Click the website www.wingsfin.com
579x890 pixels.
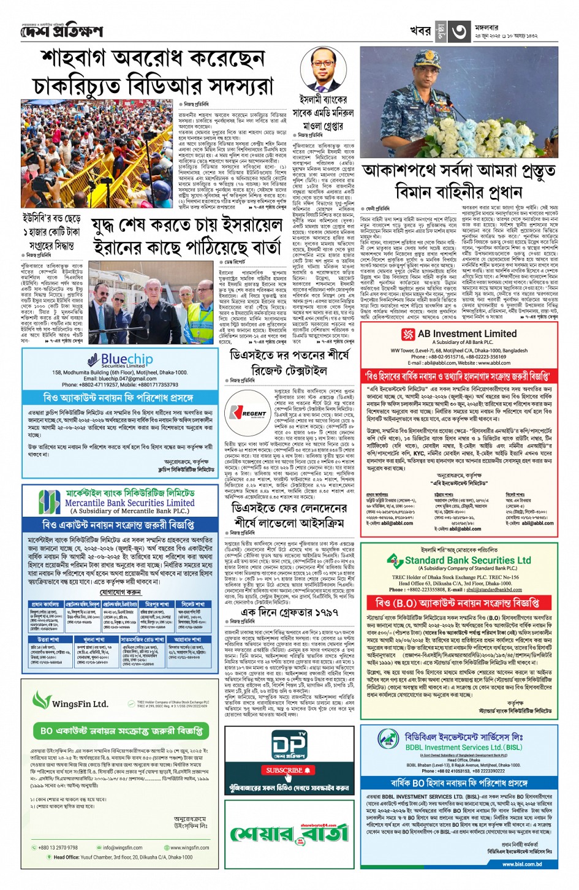(189, 848)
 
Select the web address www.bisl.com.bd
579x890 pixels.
(521, 864)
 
